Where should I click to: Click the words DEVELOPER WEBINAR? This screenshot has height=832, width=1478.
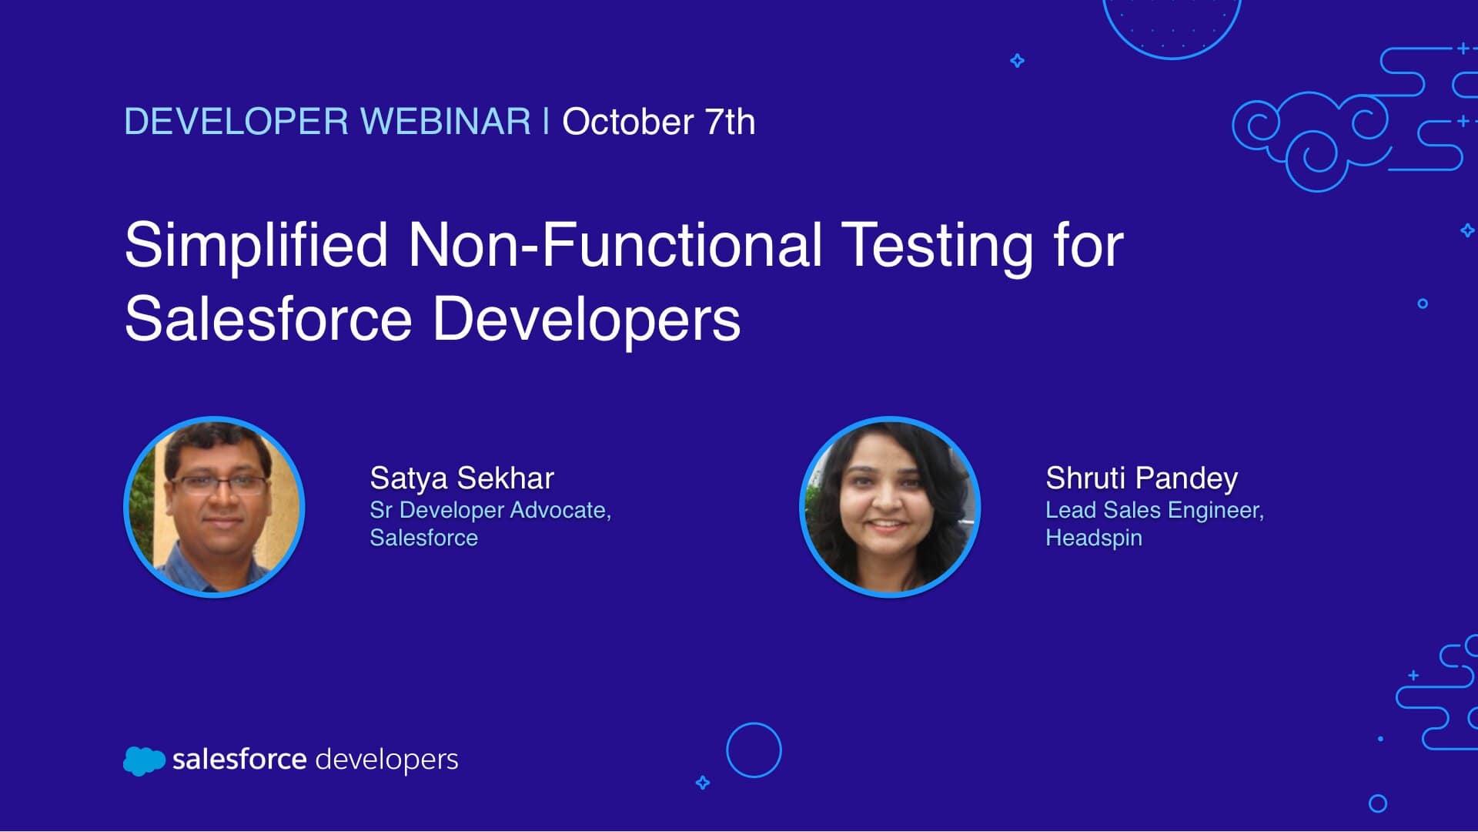(x=327, y=122)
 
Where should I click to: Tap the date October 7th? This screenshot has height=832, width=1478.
(x=659, y=122)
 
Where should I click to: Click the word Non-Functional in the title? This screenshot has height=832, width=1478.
(x=615, y=245)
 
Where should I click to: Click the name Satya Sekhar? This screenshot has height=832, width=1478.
(x=462, y=478)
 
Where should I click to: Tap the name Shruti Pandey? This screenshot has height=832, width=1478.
(x=1142, y=478)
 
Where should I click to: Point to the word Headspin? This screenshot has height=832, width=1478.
(x=1094, y=538)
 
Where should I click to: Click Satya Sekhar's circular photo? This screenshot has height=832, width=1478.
(x=215, y=507)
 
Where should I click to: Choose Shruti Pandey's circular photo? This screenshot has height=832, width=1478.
(x=890, y=507)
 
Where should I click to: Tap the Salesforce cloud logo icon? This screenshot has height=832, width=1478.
(x=144, y=760)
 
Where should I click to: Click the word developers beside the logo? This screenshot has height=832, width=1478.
(x=387, y=760)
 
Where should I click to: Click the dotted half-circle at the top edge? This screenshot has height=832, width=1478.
(x=1172, y=56)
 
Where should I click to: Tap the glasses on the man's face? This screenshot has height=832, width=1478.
(x=218, y=485)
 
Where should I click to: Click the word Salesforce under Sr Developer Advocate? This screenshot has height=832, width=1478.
(x=424, y=538)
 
